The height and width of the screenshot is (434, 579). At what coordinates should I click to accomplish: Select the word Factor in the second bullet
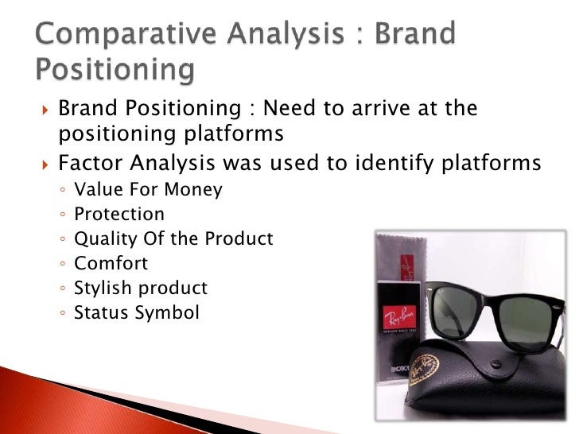click(x=88, y=164)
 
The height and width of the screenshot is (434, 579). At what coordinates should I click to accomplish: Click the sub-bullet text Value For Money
click(x=148, y=190)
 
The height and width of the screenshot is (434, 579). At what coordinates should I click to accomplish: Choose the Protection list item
click(x=119, y=215)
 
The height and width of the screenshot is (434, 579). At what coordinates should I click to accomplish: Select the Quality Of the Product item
click(x=173, y=239)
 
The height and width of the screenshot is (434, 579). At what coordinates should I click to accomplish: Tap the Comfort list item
click(x=111, y=264)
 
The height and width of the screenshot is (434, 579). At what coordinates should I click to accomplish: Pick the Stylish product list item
click(x=140, y=289)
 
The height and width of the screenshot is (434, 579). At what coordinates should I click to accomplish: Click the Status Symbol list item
click(x=136, y=313)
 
